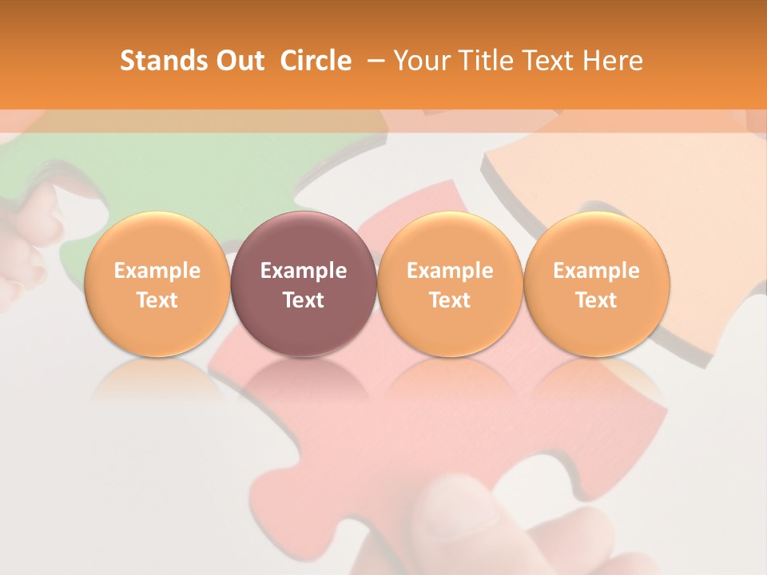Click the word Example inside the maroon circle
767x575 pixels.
[304, 271]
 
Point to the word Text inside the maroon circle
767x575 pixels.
[304, 300]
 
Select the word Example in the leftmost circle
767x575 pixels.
[157, 271]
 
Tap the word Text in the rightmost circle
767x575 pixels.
[596, 300]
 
